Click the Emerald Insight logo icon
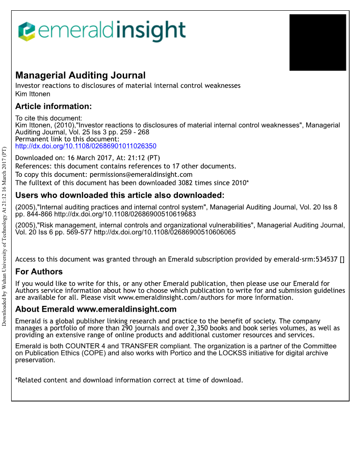tap(26, 31)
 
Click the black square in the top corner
tap(318, 42)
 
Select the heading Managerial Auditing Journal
tap(80, 75)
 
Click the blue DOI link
tap(86, 146)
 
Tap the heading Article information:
tap(53, 106)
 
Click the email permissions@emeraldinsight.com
tap(141, 175)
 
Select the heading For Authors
tap(39, 272)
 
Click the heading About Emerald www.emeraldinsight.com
tap(95, 309)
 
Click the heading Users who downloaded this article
tap(120, 196)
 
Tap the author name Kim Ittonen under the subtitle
tap(33, 94)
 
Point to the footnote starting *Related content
tap(129, 380)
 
